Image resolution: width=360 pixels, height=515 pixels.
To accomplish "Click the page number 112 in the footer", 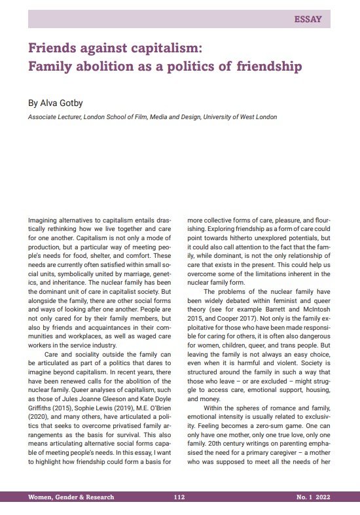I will click(x=179, y=497).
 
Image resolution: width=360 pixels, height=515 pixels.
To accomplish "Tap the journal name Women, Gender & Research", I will click(x=71, y=497).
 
